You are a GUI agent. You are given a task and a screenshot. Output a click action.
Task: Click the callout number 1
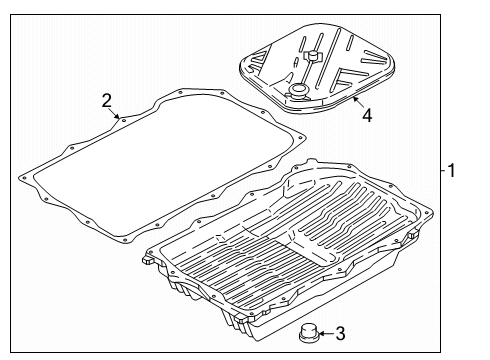click(x=451, y=170)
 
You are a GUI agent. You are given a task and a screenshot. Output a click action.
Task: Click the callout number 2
click(x=106, y=100)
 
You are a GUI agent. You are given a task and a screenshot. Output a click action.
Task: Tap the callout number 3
click(x=340, y=333)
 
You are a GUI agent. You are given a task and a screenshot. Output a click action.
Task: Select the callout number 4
click(x=367, y=116)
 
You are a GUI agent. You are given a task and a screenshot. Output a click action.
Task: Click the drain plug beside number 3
click(x=308, y=332)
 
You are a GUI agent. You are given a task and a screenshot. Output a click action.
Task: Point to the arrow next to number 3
click(x=326, y=333)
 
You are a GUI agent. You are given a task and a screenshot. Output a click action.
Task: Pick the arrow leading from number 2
click(x=114, y=113)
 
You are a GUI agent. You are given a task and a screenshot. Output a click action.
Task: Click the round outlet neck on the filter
click(x=297, y=91)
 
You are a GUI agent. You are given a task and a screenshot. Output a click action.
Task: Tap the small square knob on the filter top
click(x=312, y=56)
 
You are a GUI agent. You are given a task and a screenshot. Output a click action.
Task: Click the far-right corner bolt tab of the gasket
click(x=301, y=137)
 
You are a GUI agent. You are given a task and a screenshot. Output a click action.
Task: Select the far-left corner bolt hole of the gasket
click(x=24, y=178)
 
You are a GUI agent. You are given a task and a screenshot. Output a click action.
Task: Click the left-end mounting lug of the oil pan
click(x=148, y=259)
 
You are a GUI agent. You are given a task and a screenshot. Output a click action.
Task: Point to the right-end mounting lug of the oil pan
click(x=413, y=234)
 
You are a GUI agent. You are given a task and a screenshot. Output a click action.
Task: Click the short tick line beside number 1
click(x=443, y=170)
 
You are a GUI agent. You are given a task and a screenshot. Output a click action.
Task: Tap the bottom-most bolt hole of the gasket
click(x=125, y=241)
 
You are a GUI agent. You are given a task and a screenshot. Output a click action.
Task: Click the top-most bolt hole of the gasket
click(x=181, y=92)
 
